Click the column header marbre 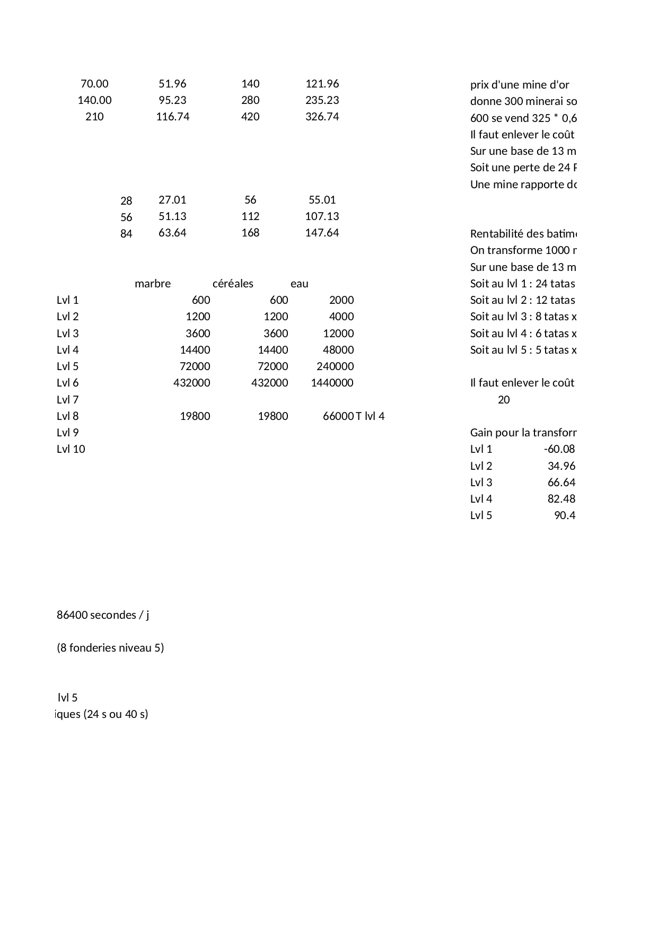coord(153,284)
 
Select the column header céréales coord(233,284)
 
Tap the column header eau coord(300,284)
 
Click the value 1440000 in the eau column coord(332,383)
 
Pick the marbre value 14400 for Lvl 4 coord(195,350)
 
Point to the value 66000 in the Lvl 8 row coord(338,416)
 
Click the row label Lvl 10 coord(71,449)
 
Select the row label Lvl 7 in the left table coord(67,400)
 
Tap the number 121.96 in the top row coord(322,84)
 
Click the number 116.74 coord(172,117)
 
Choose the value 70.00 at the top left coord(94,84)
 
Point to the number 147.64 coord(322,233)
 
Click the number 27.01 coord(172,200)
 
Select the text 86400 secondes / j coord(103,615)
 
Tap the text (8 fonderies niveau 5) coord(110,648)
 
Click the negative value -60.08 coord(559,449)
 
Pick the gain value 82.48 coord(562,499)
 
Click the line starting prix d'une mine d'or coord(520,85)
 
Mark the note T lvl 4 coord(370,416)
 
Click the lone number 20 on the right coord(504,400)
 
